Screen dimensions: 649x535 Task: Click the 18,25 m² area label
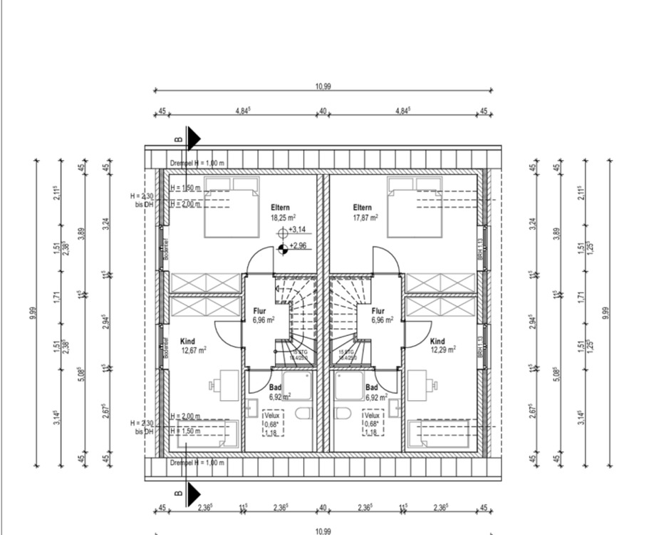[283, 218]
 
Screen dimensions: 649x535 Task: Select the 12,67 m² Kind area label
[194, 350]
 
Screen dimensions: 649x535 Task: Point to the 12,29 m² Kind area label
[443, 350]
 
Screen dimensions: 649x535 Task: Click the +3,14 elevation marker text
[297, 230]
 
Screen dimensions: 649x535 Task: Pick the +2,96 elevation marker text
[297, 246]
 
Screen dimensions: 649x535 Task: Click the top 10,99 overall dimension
[323, 86]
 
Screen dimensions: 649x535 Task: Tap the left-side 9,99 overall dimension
[33, 314]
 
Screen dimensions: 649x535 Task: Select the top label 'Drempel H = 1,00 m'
[197, 163]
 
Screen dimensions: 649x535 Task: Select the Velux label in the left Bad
[271, 415]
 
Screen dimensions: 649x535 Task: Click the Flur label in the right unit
[378, 311]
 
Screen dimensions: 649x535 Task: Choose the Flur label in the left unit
[260, 311]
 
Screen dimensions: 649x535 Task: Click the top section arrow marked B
[192, 139]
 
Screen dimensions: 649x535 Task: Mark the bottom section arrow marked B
[192, 491]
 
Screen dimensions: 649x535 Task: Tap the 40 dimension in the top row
[323, 111]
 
